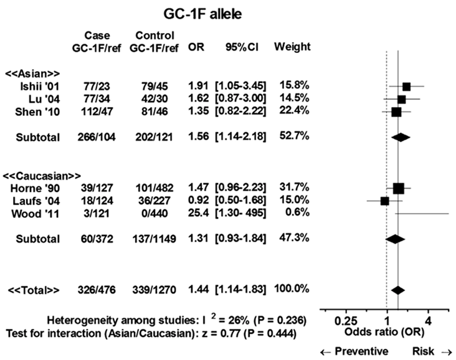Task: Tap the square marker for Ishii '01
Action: [x=406, y=87]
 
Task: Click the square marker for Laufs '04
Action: [x=384, y=201]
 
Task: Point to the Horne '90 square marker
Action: [x=399, y=188]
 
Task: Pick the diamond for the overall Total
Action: [x=397, y=290]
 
